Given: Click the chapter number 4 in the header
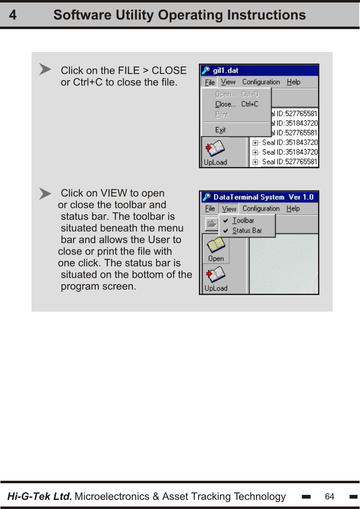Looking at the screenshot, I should (13, 15).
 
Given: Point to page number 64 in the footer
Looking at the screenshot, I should (329, 497).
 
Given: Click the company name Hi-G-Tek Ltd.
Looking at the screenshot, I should (39, 496).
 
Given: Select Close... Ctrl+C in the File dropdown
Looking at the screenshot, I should (236, 104).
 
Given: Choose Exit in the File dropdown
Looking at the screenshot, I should (220, 130).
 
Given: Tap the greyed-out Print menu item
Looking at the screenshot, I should (222, 115).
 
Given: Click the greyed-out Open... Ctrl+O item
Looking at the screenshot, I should (236, 94).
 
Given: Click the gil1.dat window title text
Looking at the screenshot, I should (225, 71).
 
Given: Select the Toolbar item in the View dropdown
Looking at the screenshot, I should (243, 220).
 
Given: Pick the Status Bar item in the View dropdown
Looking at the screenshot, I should (247, 231).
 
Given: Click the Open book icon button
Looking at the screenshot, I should (216, 248).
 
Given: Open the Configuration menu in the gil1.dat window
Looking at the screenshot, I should (261, 82).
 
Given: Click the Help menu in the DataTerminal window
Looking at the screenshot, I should (293, 209).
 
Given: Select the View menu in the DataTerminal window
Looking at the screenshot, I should (229, 209).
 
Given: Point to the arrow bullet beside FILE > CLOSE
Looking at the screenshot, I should (45, 69).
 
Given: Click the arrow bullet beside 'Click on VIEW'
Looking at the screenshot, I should (45, 194).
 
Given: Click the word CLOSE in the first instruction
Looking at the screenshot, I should (169, 71).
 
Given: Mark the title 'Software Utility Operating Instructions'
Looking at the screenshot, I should (179, 15).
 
